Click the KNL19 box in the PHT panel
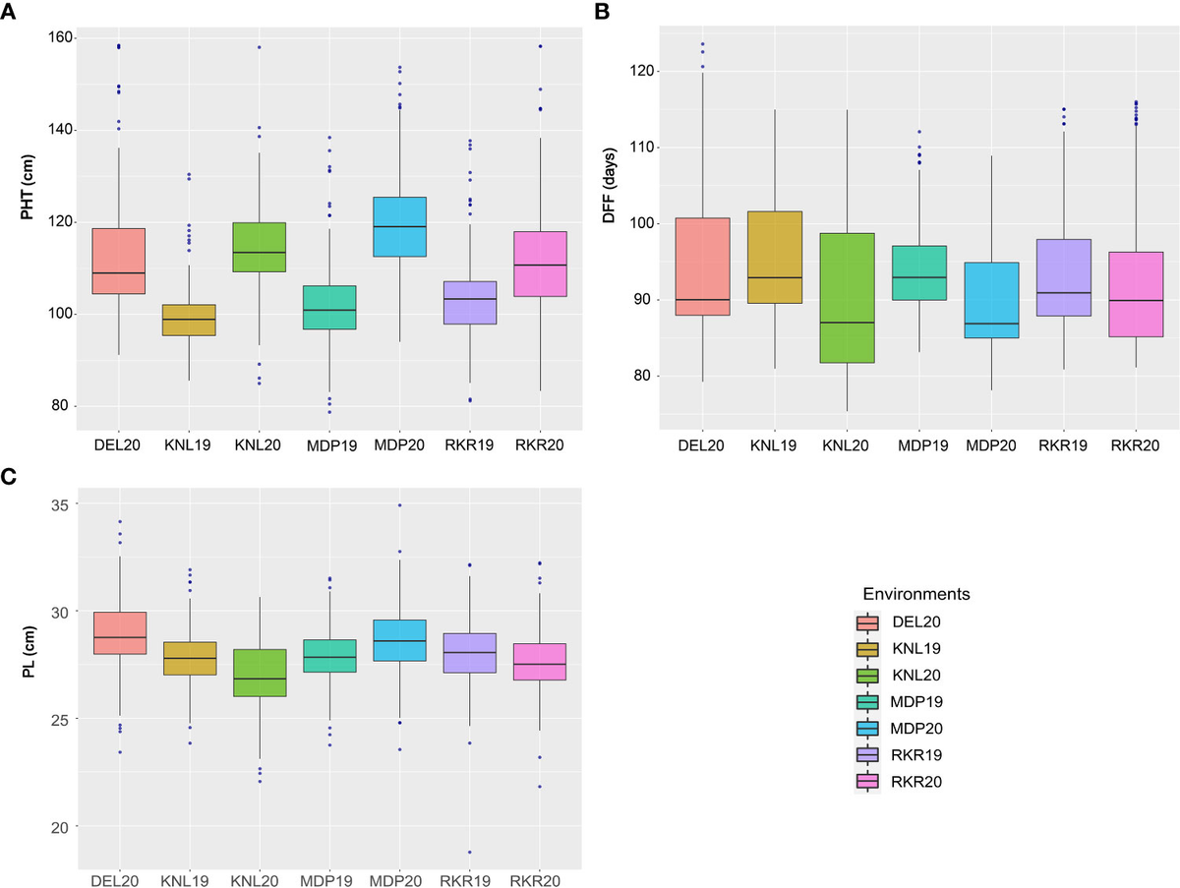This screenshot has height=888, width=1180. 189,321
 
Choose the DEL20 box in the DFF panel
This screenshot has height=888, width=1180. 703,266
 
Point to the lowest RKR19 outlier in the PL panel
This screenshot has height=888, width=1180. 470,852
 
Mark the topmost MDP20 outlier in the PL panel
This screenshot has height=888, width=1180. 400,505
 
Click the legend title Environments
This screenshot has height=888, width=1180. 915,595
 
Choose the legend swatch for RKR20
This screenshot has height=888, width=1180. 867,782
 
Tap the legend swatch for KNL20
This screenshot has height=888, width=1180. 867,676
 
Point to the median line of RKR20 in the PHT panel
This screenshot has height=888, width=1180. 540,265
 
